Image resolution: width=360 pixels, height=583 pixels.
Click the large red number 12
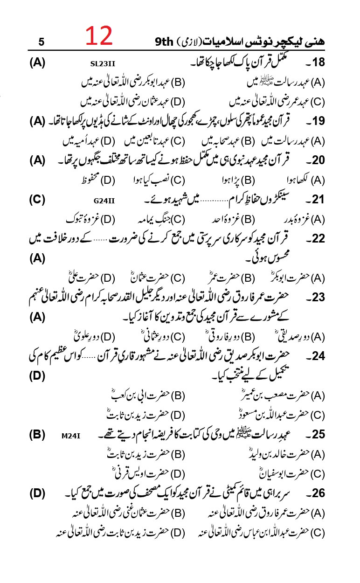click(99, 36)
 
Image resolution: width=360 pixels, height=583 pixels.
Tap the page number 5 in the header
click(41, 42)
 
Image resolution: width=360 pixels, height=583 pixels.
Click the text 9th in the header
click(165, 42)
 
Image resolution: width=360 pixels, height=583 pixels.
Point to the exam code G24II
click(104, 201)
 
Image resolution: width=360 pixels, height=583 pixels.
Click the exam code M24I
click(71, 436)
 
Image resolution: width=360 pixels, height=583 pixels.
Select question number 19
click(318, 122)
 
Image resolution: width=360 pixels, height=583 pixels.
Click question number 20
click(318, 161)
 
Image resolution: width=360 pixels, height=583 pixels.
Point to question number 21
click(318, 200)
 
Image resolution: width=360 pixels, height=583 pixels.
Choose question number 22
click(318, 239)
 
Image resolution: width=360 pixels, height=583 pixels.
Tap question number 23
click(318, 298)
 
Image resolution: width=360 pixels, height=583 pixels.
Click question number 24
click(318, 356)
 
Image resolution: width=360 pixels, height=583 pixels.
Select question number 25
click(318, 435)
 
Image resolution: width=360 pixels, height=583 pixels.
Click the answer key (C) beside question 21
click(37, 200)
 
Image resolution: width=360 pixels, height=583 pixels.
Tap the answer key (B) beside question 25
click(37, 435)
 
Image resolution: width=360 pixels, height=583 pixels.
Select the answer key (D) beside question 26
click(37, 493)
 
